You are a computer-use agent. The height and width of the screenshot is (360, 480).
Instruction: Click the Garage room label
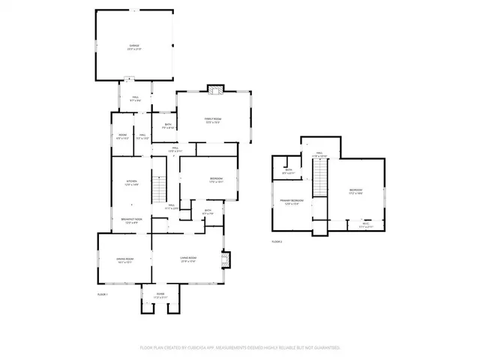134,46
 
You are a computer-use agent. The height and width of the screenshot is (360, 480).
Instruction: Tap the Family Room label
213,121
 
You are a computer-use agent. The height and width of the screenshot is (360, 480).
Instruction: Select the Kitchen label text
131,183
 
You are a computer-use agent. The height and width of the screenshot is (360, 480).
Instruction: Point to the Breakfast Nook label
132,220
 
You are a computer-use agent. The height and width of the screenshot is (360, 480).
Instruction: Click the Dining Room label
124,261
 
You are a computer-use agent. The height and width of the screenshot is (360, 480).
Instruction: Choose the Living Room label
187,260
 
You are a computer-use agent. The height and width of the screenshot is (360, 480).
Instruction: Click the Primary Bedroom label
292,202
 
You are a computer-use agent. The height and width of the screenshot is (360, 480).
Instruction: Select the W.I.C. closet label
365,224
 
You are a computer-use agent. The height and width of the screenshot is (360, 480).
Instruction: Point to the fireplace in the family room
216,90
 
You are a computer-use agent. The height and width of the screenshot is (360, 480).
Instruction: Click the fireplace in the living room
226,259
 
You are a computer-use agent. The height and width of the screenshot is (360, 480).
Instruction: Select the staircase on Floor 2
320,180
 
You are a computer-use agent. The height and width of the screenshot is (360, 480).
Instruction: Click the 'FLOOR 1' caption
103,295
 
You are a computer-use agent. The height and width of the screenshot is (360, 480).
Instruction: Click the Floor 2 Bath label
289,172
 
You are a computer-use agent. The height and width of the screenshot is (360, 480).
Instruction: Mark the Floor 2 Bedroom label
355,191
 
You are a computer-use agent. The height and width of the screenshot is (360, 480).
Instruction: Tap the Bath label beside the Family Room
168,126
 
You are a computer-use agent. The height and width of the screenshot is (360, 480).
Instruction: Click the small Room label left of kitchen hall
122,137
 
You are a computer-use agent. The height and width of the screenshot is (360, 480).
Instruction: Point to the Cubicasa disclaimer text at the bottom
240,348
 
